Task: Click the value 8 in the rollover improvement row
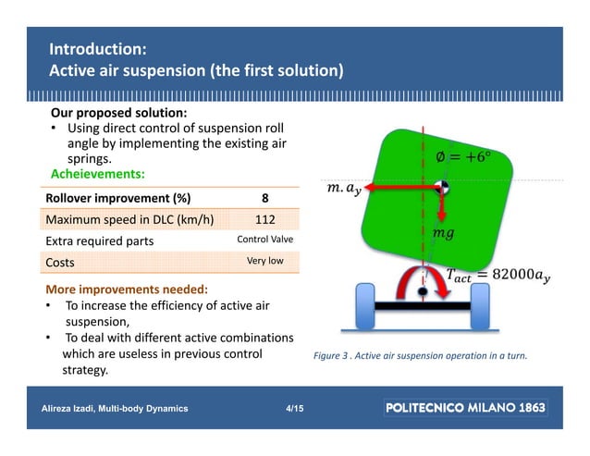pyautogui.click(x=264, y=198)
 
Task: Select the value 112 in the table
pyautogui.click(x=264, y=219)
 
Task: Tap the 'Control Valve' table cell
pyautogui.click(x=264, y=240)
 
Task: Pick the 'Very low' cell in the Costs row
pyautogui.click(x=264, y=261)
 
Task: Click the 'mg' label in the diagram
pyautogui.click(x=443, y=235)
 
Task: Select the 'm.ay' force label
pyautogui.click(x=345, y=191)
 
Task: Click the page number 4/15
pyautogui.click(x=293, y=408)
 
